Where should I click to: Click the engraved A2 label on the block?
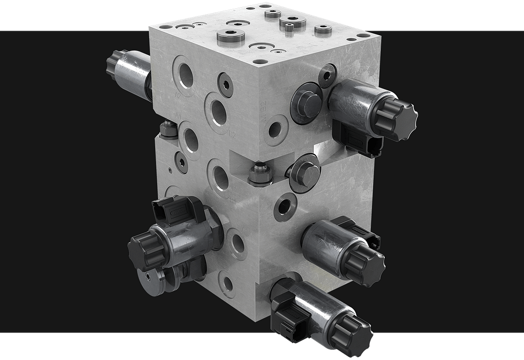coord(177,94)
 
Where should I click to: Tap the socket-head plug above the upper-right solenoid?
coord(327,75)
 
